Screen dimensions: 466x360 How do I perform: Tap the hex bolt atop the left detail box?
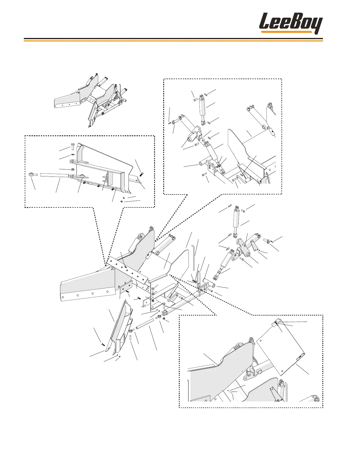coord(73,147)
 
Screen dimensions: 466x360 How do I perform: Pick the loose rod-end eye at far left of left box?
coord(33,175)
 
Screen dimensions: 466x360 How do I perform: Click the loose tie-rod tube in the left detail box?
coord(55,175)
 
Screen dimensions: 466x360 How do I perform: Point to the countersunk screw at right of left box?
coord(140,174)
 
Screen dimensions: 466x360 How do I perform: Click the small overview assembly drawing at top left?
coord(91,100)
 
